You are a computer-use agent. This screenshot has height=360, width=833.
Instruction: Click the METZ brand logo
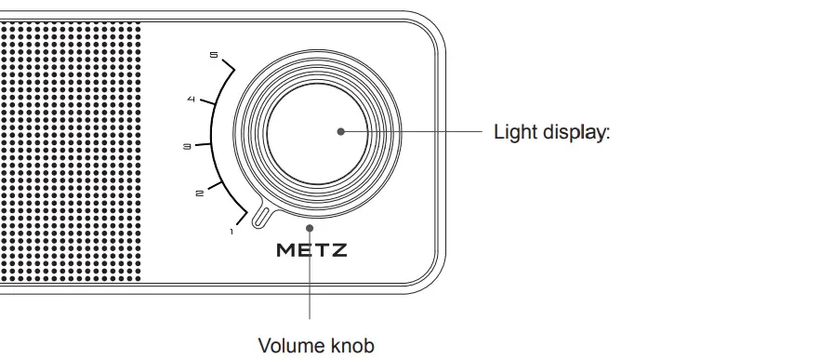312,250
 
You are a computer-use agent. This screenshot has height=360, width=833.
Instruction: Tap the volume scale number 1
231,230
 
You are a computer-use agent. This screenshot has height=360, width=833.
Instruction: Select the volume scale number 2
199,193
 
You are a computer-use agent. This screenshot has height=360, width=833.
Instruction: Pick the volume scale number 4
191,100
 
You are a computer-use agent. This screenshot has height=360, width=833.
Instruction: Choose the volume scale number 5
214,59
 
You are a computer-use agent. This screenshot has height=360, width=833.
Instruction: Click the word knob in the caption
352,346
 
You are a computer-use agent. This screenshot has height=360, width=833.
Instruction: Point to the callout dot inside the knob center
341,131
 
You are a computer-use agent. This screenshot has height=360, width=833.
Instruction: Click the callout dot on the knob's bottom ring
311,224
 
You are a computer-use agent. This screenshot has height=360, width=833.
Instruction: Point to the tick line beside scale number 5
229,66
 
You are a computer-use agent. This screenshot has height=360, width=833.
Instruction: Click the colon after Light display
607,132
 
